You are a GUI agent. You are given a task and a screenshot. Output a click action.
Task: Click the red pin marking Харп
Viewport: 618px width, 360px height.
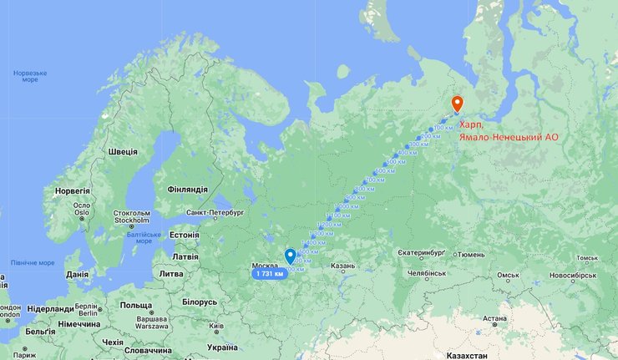[457, 104]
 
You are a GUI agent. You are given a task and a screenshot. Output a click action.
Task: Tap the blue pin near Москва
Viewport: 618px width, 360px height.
[290, 256]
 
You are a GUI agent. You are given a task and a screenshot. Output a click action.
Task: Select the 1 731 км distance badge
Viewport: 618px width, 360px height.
[269, 273]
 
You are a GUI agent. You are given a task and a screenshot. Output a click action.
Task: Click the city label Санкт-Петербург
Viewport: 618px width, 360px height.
[214, 212]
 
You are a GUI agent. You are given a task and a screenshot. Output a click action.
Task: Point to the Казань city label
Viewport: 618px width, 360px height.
[343, 266]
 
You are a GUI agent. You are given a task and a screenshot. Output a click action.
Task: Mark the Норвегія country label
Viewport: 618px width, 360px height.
[72, 190]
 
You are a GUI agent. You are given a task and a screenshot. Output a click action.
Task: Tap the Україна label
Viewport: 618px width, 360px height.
[221, 347]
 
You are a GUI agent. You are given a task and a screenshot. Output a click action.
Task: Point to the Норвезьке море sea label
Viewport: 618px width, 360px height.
[30, 76]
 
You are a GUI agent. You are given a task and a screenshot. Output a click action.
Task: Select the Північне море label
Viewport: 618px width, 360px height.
[32, 262]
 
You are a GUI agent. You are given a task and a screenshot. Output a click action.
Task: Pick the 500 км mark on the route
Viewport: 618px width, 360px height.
[394, 161]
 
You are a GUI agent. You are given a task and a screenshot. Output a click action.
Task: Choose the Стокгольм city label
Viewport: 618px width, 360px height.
[132, 217]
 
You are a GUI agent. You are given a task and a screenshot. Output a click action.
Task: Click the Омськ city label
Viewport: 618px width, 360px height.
[509, 275]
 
